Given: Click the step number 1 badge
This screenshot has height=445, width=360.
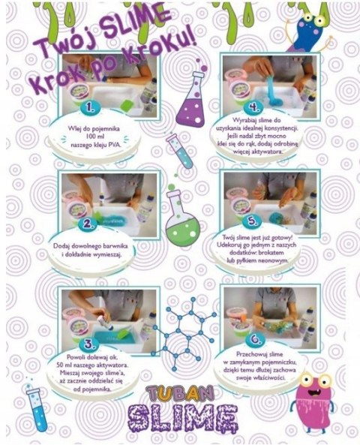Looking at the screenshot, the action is coord(91,107).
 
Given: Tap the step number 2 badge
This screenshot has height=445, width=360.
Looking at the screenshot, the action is coord(88,224).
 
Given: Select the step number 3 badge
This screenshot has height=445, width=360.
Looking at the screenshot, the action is coord(90,344).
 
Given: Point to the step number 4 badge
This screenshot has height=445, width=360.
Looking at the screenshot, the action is coord(253,107).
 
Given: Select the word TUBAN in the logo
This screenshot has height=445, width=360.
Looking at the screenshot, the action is coord(181,394).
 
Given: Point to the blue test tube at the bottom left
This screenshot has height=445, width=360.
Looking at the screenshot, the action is coord(36,409).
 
